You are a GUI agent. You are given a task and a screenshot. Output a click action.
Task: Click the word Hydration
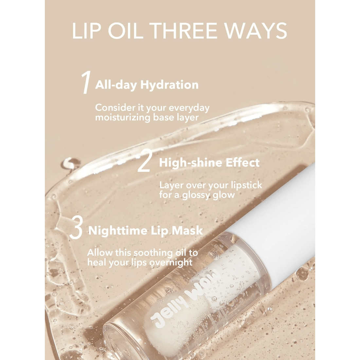pos(170,85)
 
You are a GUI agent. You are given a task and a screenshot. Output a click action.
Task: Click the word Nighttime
pos(118,231)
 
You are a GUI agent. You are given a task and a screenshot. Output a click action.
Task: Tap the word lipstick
pos(246,185)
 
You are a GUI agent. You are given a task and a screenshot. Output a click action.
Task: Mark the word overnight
pos(171,262)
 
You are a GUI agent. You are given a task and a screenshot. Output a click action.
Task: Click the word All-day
pos(116,85)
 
